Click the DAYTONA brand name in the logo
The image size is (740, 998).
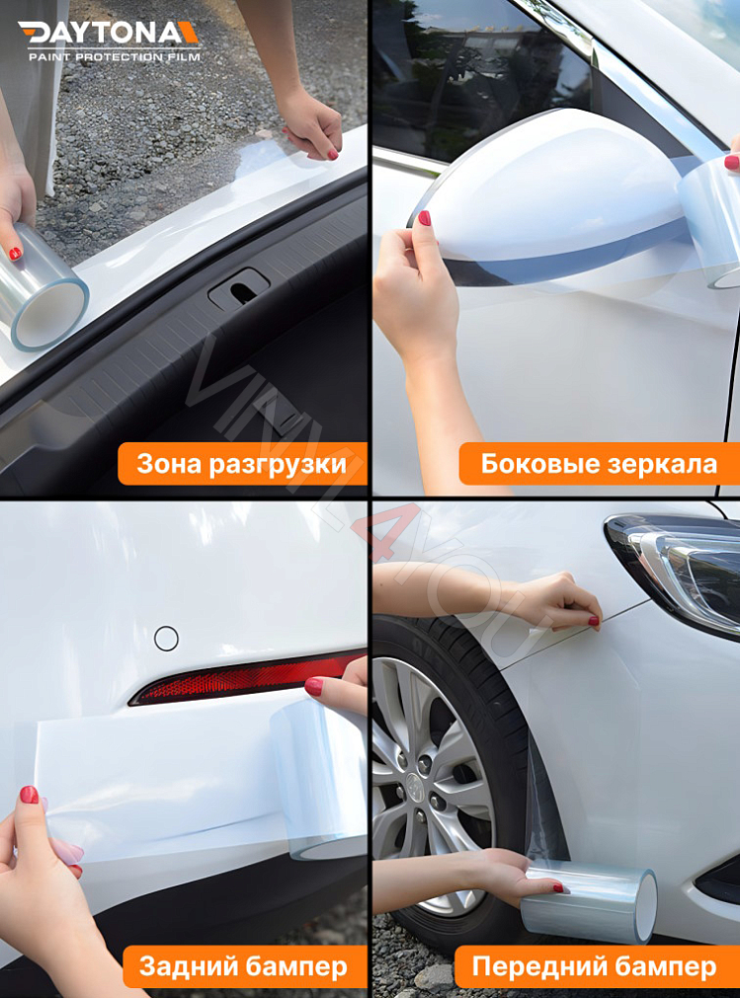[109, 33]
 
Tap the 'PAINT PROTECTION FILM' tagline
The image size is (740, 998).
[114, 57]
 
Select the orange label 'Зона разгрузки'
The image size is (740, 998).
[242, 464]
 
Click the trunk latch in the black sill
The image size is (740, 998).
[238, 288]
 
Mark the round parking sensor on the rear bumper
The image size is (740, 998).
[166, 639]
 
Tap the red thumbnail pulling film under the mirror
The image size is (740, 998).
[424, 218]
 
